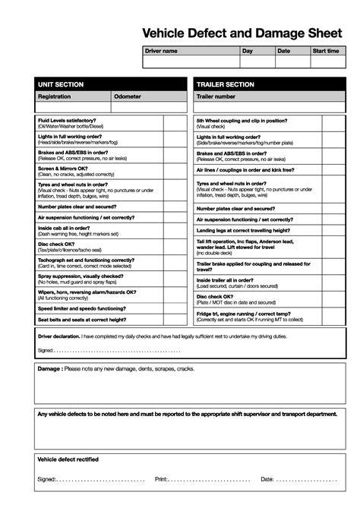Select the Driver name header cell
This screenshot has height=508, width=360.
tap(161, 51)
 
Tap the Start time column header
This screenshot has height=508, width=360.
tap(326, 51)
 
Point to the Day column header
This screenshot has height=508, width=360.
tap(248, 51)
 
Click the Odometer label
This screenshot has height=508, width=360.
tap(127, 96)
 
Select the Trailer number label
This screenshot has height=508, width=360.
tap(216, 96)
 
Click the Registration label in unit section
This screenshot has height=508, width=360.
tap(54, 96)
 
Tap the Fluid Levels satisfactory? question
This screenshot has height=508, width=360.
tap(67, 120)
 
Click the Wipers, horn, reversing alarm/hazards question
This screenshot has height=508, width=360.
tap(87, 292)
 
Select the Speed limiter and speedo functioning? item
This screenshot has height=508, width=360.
tap(82, 308)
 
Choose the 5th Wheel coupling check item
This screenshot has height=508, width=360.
tap(242, 120)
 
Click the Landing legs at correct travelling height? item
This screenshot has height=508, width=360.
tap(243, 230)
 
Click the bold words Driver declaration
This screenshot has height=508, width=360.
tap(58, 334)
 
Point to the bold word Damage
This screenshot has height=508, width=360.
tap(49, 369)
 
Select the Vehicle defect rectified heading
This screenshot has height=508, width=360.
tap(68, 459)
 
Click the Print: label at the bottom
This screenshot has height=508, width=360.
tap(161, 479)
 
